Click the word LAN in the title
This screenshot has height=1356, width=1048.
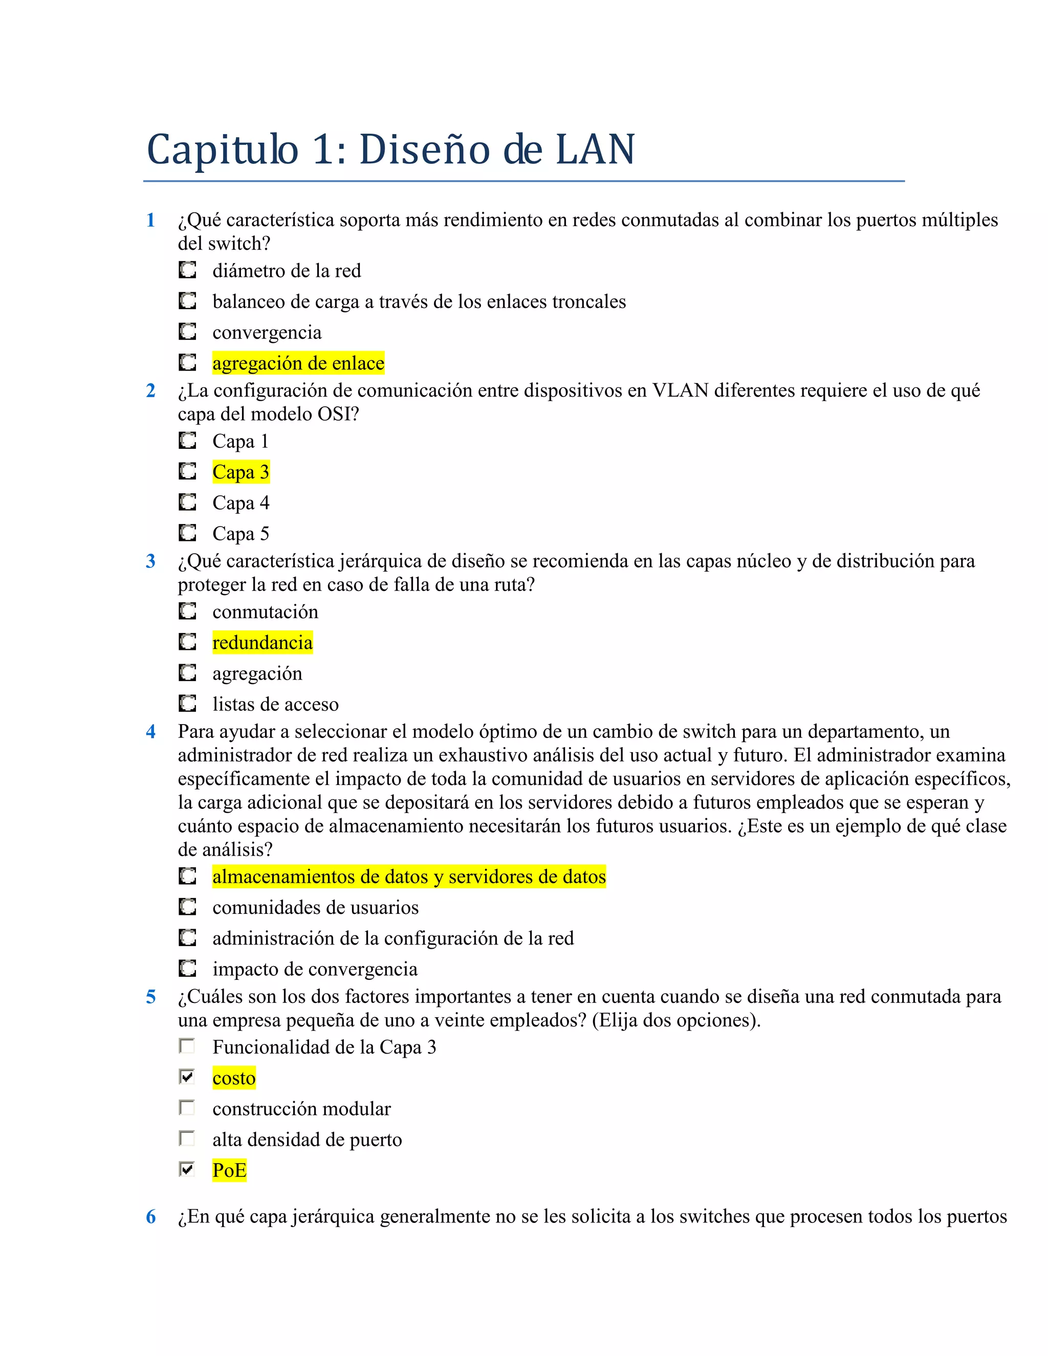[x=595, y=150]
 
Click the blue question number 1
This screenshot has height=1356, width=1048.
[x=150, y=220]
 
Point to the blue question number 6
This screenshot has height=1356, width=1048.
[x=150, y=1216]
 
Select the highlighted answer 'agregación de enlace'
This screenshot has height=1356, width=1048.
[x=298, y=363]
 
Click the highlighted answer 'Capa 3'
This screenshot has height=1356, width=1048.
[x=241, y=472]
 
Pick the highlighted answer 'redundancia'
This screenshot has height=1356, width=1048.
[x=262, y=643]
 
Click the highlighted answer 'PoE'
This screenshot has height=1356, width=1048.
[x=229, y=1170]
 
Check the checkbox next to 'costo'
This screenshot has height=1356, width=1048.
[x=187, y=1077]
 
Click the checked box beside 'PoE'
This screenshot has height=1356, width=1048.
[x=187, y=1169]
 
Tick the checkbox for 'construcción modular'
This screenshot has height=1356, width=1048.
[x=187, y=1108]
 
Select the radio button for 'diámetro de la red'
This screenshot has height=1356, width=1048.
[x=187, y=270]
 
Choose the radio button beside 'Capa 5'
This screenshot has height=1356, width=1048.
[x=187, y=533]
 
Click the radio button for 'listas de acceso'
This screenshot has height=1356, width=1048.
[x=187, y=704]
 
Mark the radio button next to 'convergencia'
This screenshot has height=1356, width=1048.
[x=187, y=332]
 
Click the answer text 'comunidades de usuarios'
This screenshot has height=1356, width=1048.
[x=315, y=908]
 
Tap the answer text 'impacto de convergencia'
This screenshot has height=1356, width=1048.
[x=315, y=969]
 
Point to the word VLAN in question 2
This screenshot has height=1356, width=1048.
[x=680, y=390]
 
